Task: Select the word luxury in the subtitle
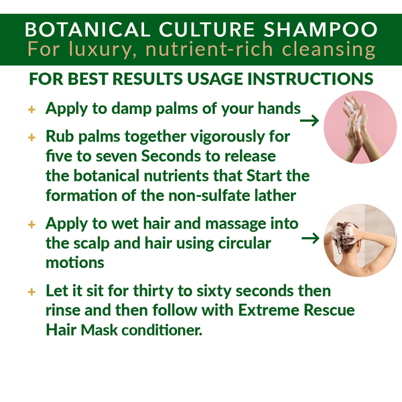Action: [88, 50]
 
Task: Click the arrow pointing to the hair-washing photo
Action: [310, 238]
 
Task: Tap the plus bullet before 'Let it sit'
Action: [31, 293]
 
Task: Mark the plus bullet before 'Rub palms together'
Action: [31, 137]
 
